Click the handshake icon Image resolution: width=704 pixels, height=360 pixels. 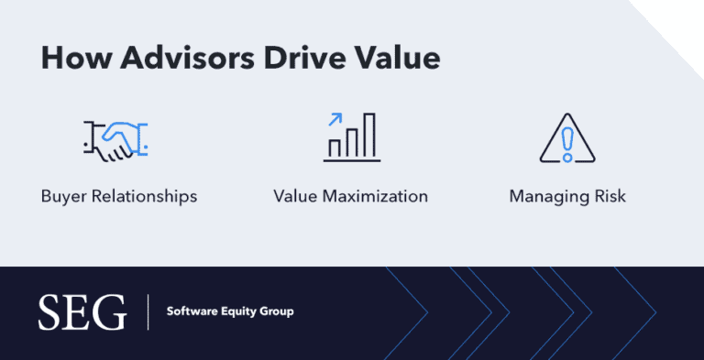[x=115, y=138]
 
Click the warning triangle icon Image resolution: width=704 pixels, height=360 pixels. [x=568, y=138]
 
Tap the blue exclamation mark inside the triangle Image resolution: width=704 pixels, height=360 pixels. [x=568, y=143]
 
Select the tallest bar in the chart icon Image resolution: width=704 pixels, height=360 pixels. [x=369, y=136]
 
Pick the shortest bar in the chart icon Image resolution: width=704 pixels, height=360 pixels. [x=335, y=147]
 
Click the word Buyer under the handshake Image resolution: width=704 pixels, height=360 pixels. [x=62, y=196]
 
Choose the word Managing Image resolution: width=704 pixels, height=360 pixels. [x=547, y=196]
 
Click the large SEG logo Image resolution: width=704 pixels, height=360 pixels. [x=82, y=312]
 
